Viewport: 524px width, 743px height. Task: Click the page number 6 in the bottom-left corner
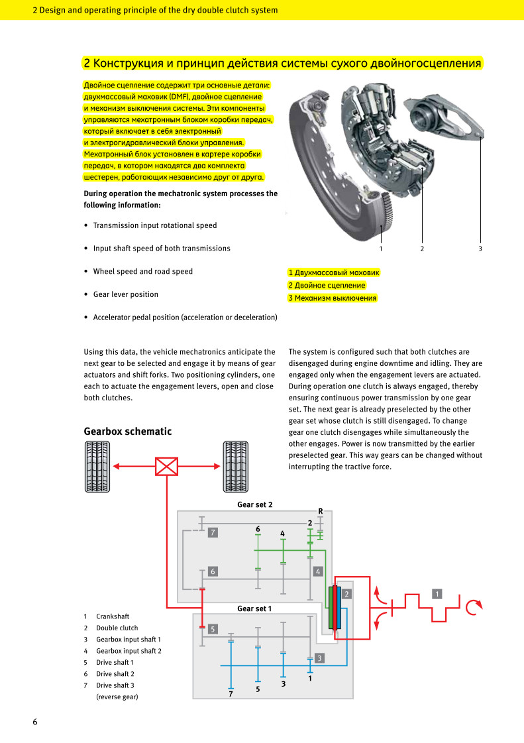[35, 722]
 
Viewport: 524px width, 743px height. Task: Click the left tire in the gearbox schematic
[97, 467]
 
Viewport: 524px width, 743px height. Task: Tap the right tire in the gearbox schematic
[235, 467]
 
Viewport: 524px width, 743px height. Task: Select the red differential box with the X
[167, 466]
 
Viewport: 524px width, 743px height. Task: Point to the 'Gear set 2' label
[255, 504]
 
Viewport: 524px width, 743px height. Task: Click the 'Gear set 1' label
[254, 608]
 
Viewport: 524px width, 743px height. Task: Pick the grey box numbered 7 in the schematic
[213, 533]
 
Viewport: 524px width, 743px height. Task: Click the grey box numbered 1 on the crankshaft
[437, 594]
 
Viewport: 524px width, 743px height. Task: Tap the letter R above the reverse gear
[320, 511]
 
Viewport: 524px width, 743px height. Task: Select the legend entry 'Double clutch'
[117, 628]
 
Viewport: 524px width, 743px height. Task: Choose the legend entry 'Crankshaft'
[113, 616]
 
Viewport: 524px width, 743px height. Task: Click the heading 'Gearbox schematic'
[127, 431]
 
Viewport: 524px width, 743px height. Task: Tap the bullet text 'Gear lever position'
[126, 294]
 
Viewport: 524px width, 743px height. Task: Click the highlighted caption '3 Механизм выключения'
[333, 298]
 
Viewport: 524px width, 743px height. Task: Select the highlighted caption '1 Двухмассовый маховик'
[334, 272]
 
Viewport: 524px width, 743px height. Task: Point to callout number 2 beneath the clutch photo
[422, 249]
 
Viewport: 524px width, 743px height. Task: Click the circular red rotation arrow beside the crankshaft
[473, 607]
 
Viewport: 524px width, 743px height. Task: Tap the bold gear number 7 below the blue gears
[231, 694]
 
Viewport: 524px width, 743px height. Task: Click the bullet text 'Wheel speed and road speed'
[142, 272]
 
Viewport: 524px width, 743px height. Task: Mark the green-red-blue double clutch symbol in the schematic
[335, 608]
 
